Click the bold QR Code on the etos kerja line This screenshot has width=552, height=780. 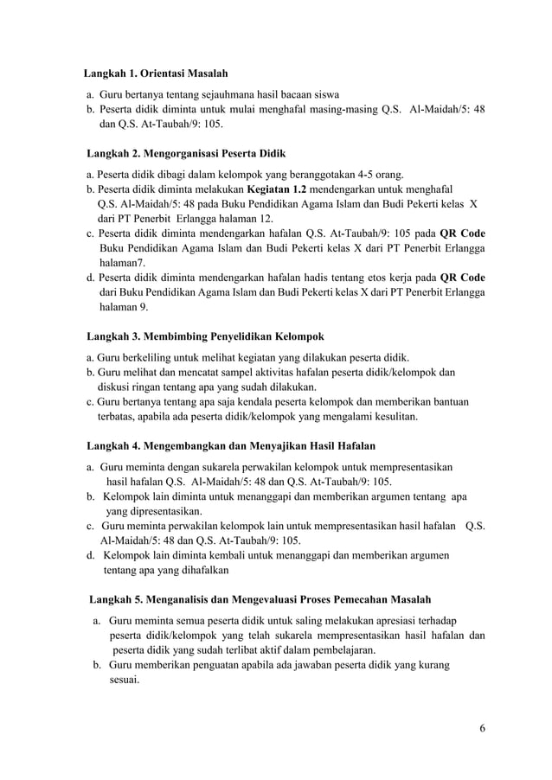click(x=462, y=278)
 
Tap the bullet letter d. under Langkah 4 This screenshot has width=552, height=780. click(x=90, y=555)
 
